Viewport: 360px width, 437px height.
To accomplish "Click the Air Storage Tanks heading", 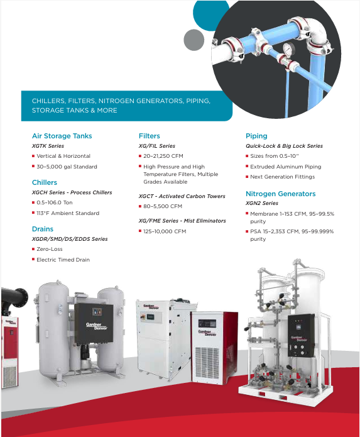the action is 62,136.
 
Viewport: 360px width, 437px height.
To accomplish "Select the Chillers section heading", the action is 45,182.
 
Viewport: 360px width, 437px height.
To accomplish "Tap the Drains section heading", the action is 43,229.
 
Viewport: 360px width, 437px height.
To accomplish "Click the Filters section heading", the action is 150,136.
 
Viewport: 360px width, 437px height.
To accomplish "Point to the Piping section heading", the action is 256,136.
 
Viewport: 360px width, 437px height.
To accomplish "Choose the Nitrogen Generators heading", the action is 281,194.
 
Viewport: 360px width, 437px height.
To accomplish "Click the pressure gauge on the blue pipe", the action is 289,49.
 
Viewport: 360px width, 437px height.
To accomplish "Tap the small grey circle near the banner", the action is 194,40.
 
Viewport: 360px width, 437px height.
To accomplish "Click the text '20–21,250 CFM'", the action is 163,156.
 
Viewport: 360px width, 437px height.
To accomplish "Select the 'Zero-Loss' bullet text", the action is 50,249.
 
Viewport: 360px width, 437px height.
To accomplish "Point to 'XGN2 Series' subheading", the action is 262,203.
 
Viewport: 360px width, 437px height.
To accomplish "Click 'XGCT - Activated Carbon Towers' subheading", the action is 182,196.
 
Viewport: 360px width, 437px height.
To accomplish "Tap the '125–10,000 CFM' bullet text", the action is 165,231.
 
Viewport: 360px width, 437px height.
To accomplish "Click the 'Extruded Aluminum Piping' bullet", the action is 286,167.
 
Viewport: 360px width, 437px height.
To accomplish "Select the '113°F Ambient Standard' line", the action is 68,213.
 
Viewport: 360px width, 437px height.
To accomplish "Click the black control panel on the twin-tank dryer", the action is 94,324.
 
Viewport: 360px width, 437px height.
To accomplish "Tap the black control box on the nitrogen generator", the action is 301,335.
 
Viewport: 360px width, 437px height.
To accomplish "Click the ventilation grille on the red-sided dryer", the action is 207,363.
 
